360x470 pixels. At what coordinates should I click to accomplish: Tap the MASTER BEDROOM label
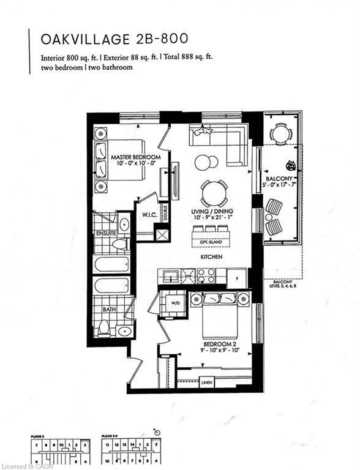tap(135, 157)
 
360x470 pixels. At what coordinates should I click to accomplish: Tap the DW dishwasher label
tap(189, 277)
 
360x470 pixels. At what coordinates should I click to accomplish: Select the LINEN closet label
tap(206, 382)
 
